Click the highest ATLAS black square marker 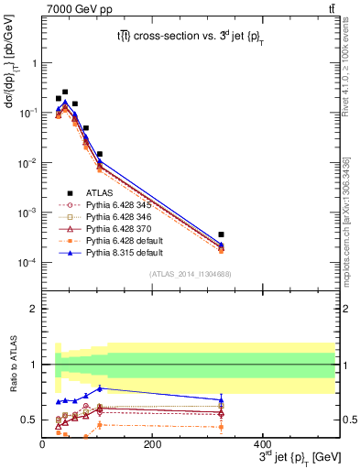pos(65,92)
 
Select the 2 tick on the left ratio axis pos(33,309)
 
